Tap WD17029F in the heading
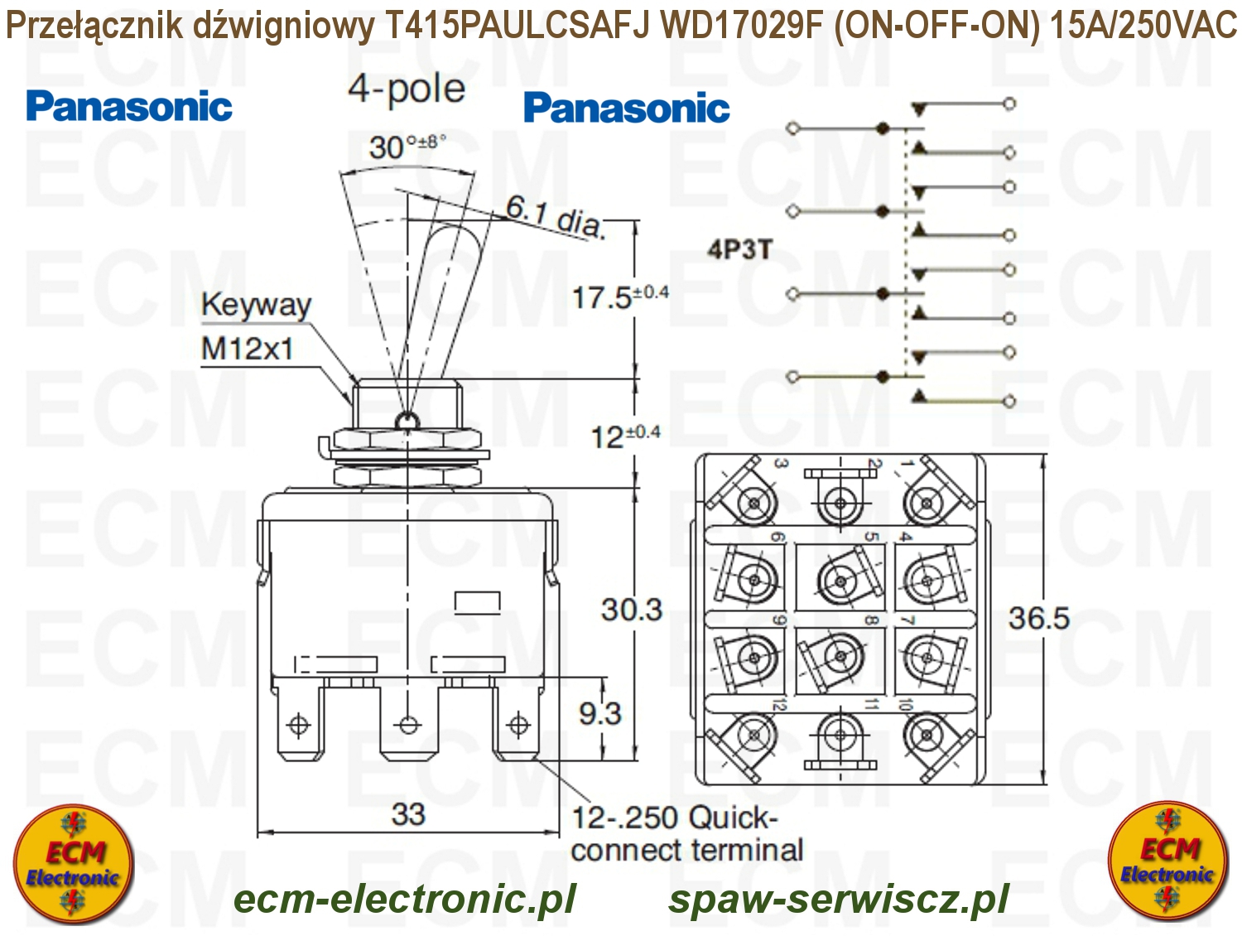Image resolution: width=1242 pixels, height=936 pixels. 742,27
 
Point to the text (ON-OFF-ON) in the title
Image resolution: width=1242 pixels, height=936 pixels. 936,27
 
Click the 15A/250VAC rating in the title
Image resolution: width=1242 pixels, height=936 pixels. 1143,27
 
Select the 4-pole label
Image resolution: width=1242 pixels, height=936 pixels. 406,89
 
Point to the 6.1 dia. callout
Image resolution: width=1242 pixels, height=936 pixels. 556,216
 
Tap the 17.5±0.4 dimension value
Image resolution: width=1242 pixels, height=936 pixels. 619,297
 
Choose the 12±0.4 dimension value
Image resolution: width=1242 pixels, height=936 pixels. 624,436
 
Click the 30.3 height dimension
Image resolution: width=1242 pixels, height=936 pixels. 632,610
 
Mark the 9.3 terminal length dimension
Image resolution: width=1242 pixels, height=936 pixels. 599,713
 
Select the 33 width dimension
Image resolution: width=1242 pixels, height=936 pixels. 408,813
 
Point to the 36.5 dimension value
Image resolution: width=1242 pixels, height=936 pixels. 1038,618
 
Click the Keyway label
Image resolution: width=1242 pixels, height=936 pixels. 256,305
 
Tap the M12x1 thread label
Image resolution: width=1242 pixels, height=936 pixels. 247,349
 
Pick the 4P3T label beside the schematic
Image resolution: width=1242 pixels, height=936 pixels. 739,248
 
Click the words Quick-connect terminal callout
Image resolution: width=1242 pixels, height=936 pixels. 686,834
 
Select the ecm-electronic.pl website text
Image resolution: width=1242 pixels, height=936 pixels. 404,900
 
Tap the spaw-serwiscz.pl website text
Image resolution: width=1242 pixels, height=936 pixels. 839,900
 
